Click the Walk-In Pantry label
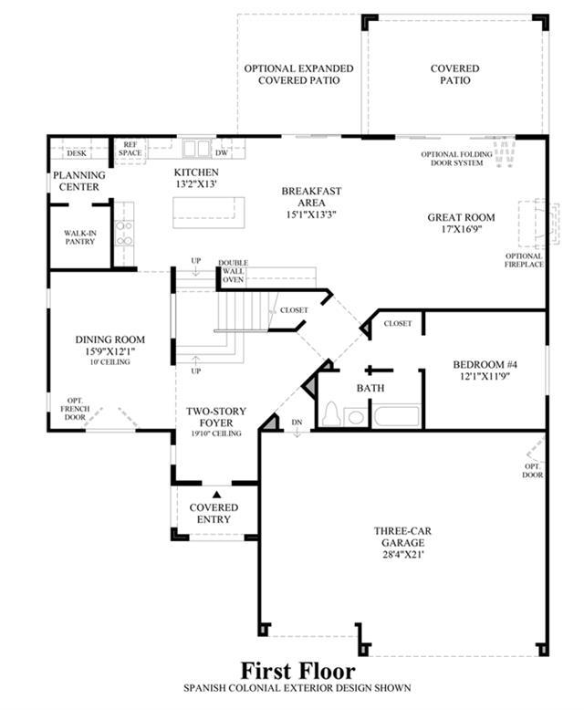click(79, 237)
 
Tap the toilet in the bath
click(332, 414)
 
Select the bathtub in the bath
click(397, 416)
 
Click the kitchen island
click(209, 213)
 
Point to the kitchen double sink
click(197, 148)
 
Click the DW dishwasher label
click(222, 153)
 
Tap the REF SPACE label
click(130, 149)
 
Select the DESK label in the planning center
click(77, 153)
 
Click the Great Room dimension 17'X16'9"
click(462, 229)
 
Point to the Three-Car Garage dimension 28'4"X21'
click(402, 554)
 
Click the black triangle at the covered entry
click(217, 495)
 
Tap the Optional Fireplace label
click(524, 260)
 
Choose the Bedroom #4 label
click(485, 364)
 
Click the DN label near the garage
click(297, 422)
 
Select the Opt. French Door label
click(75, 409)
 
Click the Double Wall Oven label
click(234, 271)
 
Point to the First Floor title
click(297, 671)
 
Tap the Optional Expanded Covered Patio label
click(298, 75)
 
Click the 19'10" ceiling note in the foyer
click(216, 433)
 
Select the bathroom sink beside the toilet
click(355, 417)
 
